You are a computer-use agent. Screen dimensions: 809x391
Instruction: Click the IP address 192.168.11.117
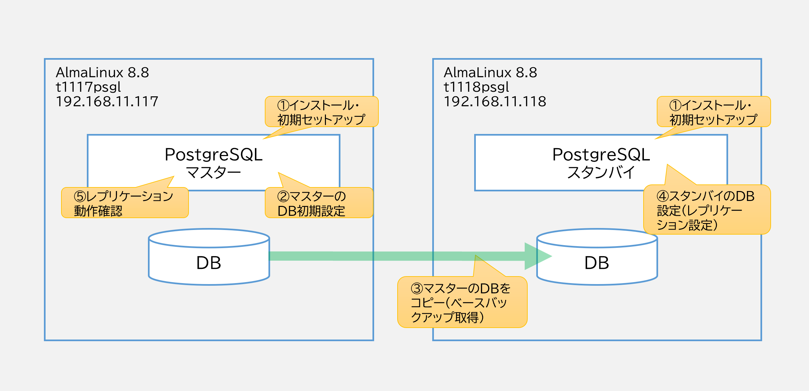(x=107, y=102)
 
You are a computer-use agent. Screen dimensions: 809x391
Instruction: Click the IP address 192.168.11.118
(x=495, y=102)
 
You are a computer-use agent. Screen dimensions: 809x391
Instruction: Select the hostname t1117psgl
(x=88, y=87)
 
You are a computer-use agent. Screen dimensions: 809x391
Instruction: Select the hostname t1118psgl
(x=476, y=87)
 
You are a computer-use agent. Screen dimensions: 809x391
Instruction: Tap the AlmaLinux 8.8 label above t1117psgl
(x=102, y=73)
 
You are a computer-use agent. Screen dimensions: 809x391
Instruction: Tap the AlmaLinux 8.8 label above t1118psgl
(x=490, y=73)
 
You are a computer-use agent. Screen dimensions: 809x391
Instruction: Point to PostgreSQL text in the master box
(x=214, y=155)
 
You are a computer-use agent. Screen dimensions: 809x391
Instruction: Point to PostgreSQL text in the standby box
(x=601, y=155)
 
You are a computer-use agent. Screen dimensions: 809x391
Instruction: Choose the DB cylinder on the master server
(x=209, y=257)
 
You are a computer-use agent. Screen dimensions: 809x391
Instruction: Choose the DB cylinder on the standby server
(x=597, y=257)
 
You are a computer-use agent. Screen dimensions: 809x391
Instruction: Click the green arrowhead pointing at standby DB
(x=537, y=256)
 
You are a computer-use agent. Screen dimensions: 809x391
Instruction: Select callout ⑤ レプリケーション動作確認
(x=125, y=203)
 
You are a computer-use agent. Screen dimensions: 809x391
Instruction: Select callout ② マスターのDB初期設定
(x=319, y=203)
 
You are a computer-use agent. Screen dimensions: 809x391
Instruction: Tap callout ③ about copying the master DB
(x=462, y=302)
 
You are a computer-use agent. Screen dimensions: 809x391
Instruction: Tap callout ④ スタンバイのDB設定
(x=707, y=210)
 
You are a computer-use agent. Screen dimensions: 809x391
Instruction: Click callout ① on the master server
(x=322, y=112)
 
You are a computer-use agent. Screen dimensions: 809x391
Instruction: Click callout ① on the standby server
(x=714, y=112)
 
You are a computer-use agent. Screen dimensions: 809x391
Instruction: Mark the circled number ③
(x=417, y=289)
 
